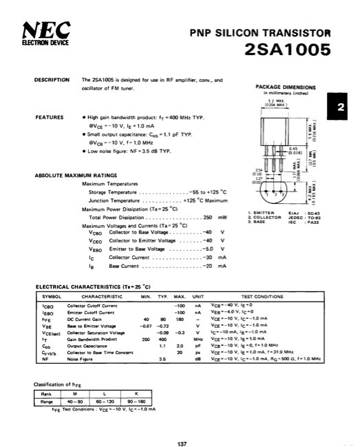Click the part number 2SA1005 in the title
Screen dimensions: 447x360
pos(287,50)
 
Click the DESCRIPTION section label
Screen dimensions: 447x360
pos(51,81)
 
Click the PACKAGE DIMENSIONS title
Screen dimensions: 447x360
pos(285,87)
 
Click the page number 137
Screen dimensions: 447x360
pos(182,425)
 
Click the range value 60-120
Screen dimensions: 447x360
pos(104,400)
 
